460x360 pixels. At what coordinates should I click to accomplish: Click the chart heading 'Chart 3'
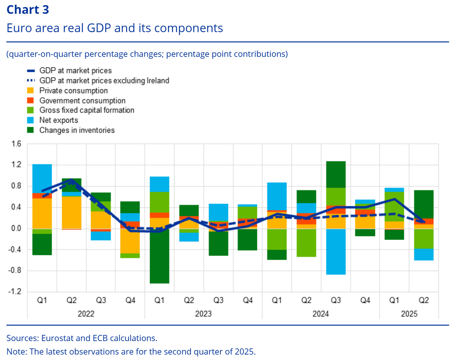[x=28, y=10]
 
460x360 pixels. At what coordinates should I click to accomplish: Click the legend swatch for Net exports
[x=31, y=120]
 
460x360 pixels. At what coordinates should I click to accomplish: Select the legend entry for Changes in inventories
[x=77, y=130]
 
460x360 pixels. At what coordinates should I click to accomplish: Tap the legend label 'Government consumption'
[x=82, y=101]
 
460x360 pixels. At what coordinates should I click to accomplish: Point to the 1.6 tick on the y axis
[x=16, y=144]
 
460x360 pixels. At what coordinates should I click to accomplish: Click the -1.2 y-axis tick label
[x=15, y=292]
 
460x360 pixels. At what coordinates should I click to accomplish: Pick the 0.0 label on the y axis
[x=16, y=229]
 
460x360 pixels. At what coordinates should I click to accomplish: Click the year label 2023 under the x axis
[x=203, y=314]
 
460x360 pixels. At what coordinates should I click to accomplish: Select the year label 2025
[x=409, y=314]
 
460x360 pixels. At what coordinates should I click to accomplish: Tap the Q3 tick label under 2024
[x=336, y=300]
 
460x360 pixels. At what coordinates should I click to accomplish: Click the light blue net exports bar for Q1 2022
[x=42, y=179]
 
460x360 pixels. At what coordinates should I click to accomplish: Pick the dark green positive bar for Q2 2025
[x=424, y=204]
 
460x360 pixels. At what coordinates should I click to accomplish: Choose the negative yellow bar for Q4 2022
[x=130, y=241]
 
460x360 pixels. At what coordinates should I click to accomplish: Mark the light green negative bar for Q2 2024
[x=306, y=242]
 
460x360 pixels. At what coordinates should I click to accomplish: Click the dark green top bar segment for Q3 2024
[x=336, y=174]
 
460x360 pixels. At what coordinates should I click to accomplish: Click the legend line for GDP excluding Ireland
[x=31, y=81]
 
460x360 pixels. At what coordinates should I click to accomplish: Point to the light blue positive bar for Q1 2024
[x=277, y=196]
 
